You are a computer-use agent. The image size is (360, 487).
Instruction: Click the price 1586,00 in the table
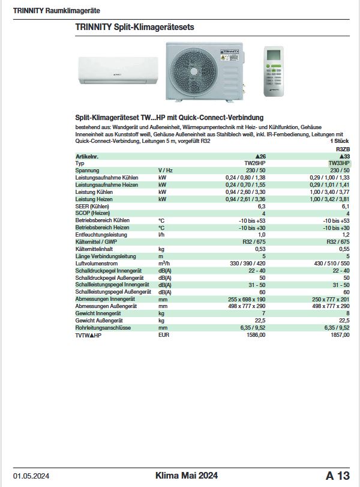[x=256, y=335]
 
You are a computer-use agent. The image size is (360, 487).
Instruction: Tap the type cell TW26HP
[x=256, y=163]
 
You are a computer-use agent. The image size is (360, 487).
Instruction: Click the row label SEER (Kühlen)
[x=92, y=207]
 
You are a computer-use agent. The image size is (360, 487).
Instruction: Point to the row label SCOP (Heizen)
[x=92, y=214]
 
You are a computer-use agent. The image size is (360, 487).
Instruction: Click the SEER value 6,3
[x=261, y=207]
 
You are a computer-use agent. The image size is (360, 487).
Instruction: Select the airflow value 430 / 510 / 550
[x=329, y=264]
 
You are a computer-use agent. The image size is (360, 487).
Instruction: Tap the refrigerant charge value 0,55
[x=344, y=249]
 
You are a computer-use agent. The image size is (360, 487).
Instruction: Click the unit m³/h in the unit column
[x=163, y=264]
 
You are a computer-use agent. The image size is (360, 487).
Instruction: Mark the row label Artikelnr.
[x=88, y=156]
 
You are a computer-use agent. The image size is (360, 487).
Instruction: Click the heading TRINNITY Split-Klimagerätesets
[x=134, y=28]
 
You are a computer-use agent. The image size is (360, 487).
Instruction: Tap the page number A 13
[x=337, y=476]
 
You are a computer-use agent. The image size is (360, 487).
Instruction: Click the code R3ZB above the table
[x=343, y=149]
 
